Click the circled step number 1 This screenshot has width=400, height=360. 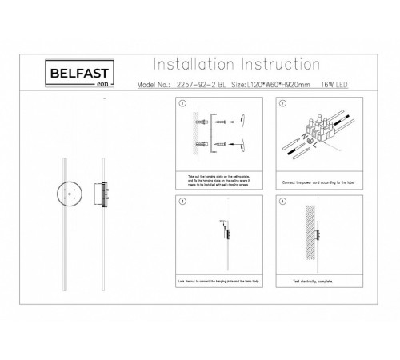click(x=182, y=105)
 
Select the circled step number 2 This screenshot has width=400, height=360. click(x=283, y=105)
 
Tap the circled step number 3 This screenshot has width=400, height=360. click(x=182, y=201)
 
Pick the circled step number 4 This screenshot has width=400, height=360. click(x=283, y=201)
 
